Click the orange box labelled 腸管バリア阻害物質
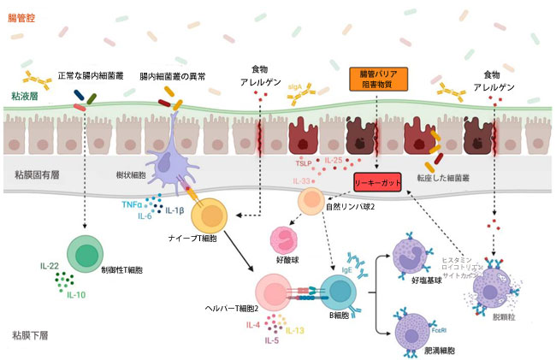(x=377, y=79)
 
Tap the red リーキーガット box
(x=378, y=181)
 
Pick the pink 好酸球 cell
(x=284, y=240)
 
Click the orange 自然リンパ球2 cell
(x=312, y=203)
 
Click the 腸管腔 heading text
(x=23, y=17)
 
